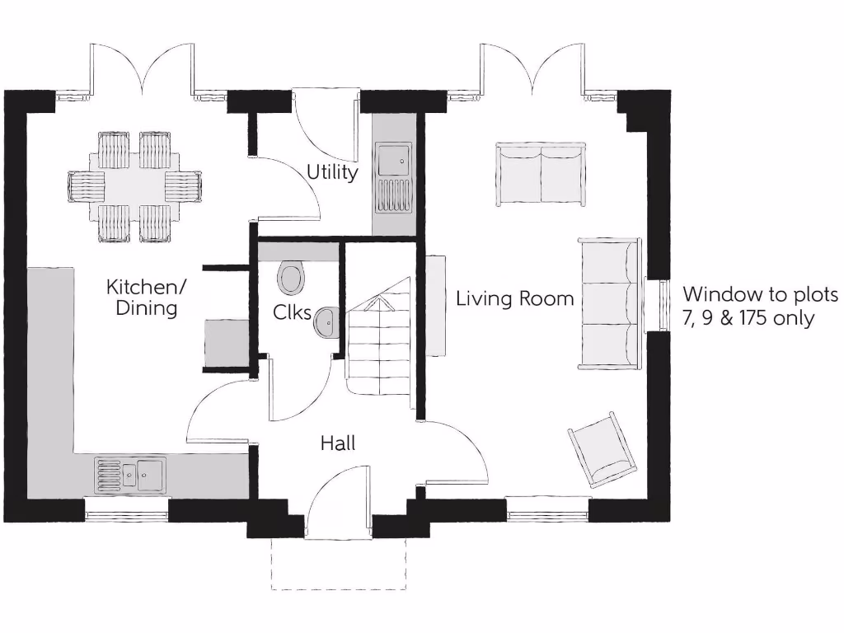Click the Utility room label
coord(332,172)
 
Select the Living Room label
coord(515,298)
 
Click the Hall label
coord(338,443)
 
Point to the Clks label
coord(292,313)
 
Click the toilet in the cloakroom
coord(290,278)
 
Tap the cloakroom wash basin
coord(326,322)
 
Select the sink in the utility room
coord(392,176)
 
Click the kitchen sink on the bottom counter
coord(130,475)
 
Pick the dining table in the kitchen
coord(135,187)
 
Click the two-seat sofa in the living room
coord(540,174)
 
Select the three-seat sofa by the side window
coord(610,302)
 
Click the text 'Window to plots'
coord(759,294)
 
